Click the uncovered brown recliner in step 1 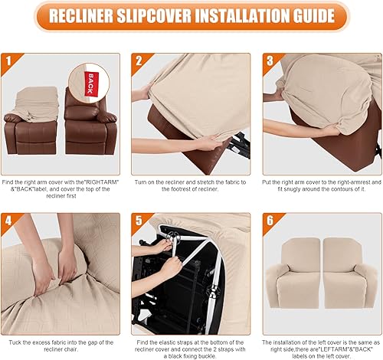pos(91,123)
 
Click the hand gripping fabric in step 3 pos(329,130)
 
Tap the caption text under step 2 pos(191,185)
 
